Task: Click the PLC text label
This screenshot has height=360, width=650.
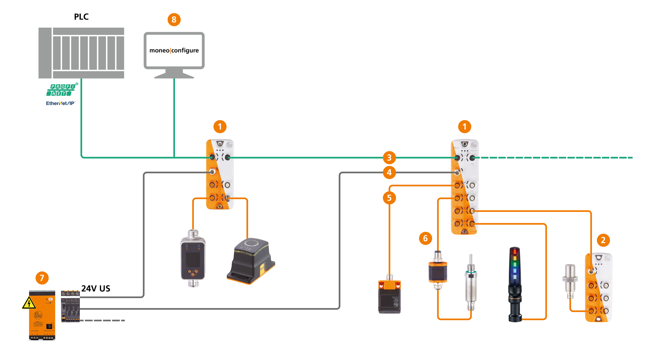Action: tap(81, 17)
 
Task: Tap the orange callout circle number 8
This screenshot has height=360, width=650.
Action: tap(174, 20)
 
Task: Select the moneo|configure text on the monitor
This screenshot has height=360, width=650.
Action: tap(174, 51)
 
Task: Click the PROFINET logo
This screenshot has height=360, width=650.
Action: tap(62, 90)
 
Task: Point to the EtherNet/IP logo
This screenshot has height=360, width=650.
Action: tap(61, 103)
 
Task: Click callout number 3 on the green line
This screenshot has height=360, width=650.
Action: tap(389, 158)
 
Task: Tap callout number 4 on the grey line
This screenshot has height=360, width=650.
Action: tap(389, 173)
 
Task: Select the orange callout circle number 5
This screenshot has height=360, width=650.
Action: tap(389, 198)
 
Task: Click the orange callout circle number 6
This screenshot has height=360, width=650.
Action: tap(425, 238)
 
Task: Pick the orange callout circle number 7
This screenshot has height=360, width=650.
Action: tap(42, 278)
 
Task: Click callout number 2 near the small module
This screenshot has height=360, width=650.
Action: tap(603, 240)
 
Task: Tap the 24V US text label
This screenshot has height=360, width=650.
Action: tap(96, 289)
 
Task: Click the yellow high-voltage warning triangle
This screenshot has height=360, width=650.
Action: tap(29, 303)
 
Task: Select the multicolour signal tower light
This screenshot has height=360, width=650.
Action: tap(515, 285)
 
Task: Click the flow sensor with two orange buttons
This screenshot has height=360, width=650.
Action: tap(193, 258)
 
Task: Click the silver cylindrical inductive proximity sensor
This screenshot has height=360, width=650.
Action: tap(570, 281)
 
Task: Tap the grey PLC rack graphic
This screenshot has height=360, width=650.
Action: tap(81, 53)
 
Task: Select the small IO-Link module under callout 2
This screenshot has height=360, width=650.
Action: tap(598, 287)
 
